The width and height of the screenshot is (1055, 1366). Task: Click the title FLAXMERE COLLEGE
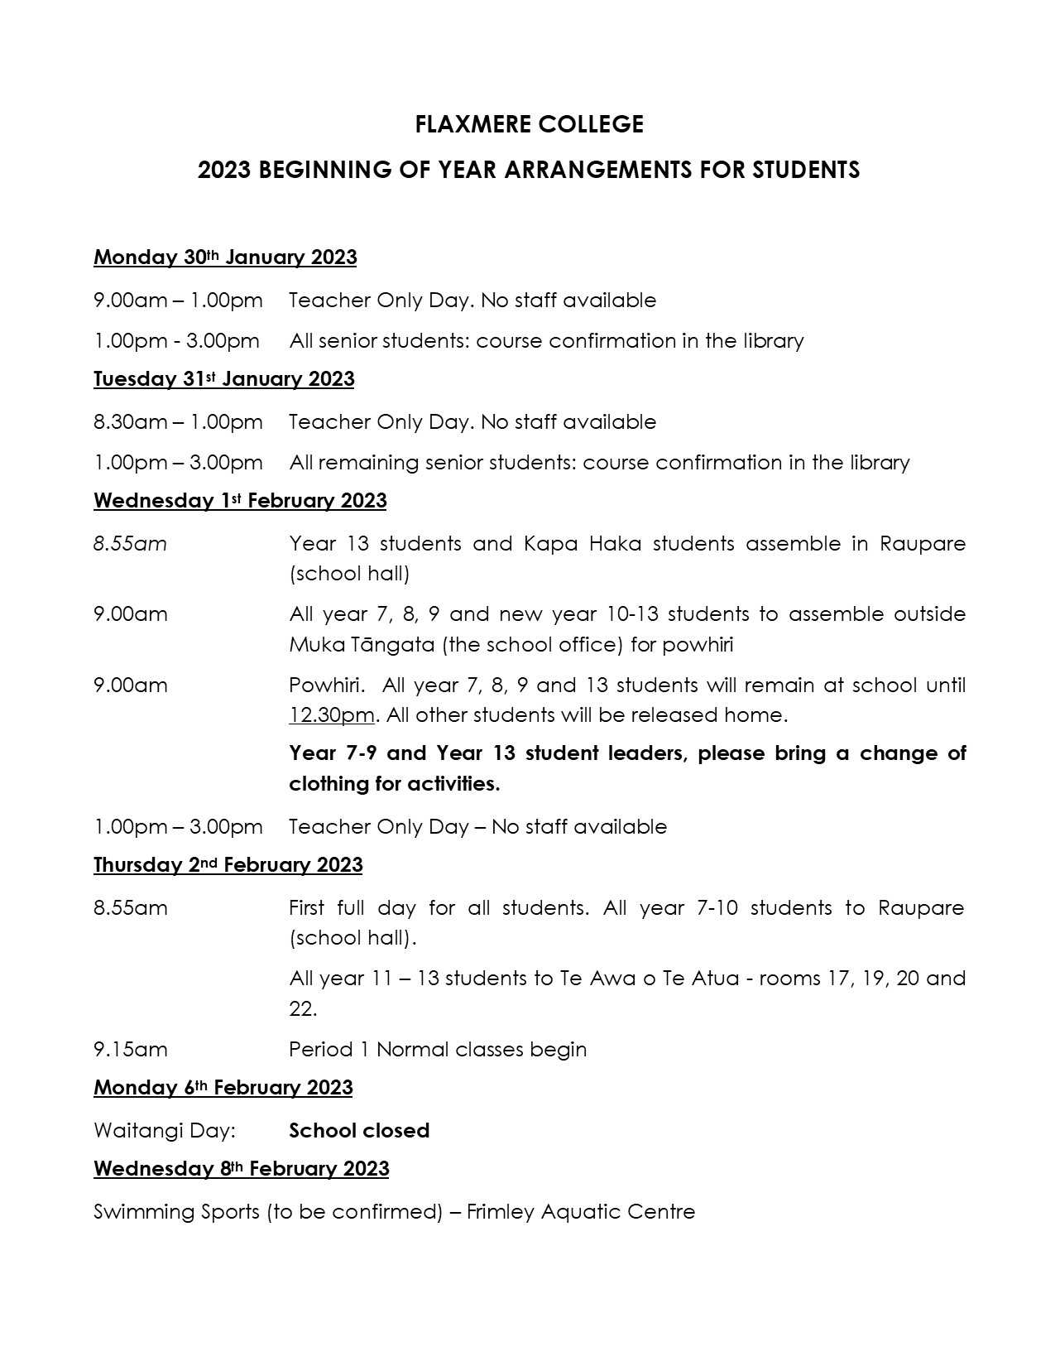click(x=529, y=124)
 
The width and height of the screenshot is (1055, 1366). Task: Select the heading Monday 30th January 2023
click(x=225, y=257)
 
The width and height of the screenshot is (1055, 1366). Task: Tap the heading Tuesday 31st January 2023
click(x=223, y=379)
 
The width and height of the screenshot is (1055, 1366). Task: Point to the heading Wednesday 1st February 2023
click(x=240, y=501)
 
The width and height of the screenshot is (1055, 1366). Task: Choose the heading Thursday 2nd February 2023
click(x=228, y=865)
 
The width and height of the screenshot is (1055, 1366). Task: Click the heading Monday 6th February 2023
click(x=223, y=1088)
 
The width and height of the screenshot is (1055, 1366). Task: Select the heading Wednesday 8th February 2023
click(x=241, y=1169)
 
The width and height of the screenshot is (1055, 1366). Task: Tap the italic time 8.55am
click(x=130, y=544)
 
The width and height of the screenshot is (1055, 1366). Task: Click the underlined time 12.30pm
click(x=331, y=715)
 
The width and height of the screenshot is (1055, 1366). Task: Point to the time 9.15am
click(x=130, y=1050)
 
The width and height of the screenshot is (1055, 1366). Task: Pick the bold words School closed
click(x=359, y=1131)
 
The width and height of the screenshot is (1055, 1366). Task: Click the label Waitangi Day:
click(x=164, y=1131)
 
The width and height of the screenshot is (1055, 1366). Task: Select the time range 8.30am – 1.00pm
click(x=178, y=422)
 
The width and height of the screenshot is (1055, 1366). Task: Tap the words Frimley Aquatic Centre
click(x=580, y=1212)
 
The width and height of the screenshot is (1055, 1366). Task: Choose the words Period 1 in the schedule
click(x=328, y=1050)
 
